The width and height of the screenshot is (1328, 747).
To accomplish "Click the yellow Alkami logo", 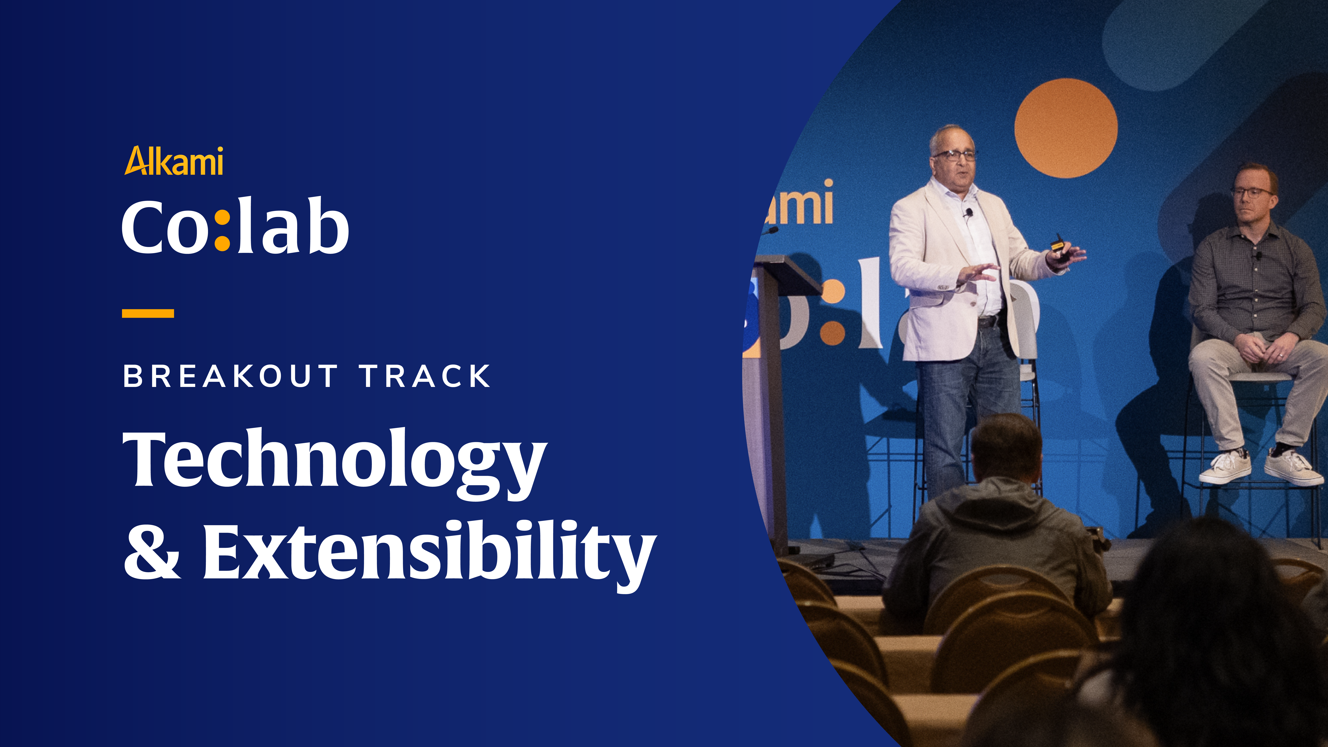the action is click(x=174, y=161).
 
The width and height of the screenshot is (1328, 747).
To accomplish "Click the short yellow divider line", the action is click(x=148, y=313).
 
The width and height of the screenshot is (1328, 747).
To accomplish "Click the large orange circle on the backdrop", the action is click(x=1066, y=128).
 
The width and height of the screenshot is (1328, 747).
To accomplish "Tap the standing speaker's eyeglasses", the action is click(x=955, y=155).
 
